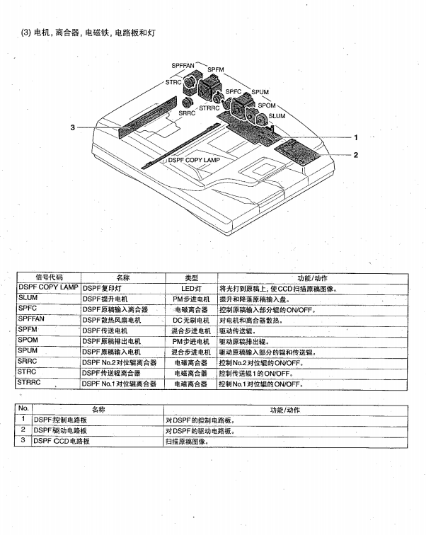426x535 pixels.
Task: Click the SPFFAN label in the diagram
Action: [183, 65]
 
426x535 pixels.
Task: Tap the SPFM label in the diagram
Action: [215, 69]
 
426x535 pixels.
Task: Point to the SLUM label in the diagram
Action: [277, 116]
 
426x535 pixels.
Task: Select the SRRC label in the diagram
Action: [187, 113]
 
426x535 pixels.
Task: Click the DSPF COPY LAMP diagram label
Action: [194, 161]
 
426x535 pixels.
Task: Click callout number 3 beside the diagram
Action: [73, 127]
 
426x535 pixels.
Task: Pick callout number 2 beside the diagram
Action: [356, 154]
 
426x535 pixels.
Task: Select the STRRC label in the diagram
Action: [209, 108]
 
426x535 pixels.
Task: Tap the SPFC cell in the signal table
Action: [28, 309]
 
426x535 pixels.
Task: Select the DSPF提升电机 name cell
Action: [106, 299]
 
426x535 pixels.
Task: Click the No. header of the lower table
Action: [23, 409]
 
